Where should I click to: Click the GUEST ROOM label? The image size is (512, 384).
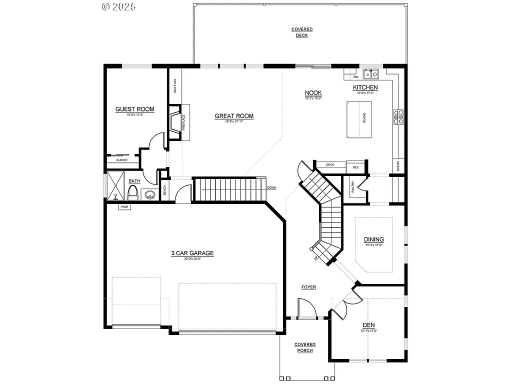click(134, 109)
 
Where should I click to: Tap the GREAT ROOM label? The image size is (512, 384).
click(234, 116)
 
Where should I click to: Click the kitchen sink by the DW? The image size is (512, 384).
click(370, 74)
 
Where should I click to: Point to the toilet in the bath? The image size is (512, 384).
click(132, 192)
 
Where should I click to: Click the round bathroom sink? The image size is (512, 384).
click(149, 194)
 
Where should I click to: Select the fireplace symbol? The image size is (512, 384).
click(175, 121)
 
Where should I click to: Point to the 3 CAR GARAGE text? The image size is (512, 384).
click(192, 253)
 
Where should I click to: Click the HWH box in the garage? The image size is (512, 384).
click(124, 206)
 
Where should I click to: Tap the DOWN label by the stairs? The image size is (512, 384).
click(271, 188)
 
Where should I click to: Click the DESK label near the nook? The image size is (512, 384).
click(329, 164)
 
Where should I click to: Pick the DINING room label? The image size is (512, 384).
click(374, 239)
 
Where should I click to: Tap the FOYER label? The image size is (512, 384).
click(308, 287)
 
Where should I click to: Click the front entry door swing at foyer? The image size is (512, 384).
click(306, 308)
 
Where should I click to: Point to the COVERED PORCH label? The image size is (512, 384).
click(304, 347)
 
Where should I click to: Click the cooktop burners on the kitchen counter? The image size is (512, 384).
click(399, 116)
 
